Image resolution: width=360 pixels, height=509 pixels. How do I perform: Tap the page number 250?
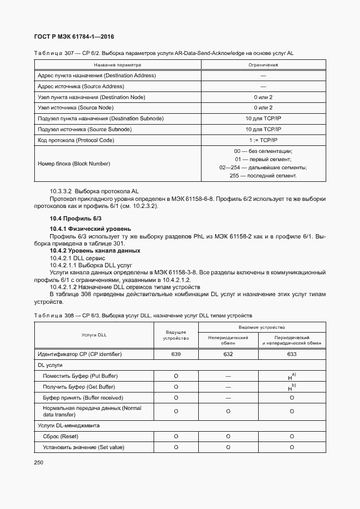[39, 462]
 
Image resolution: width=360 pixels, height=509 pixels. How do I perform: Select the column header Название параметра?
[117, 65]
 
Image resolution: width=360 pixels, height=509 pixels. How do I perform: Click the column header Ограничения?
[263, 65]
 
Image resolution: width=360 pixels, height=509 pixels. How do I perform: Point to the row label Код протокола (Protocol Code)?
[76, 140]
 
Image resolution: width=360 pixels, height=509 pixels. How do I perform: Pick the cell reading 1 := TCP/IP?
[263, 140]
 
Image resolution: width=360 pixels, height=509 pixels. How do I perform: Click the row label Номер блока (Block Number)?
[74, 163]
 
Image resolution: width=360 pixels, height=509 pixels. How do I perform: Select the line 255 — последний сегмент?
[263, 176]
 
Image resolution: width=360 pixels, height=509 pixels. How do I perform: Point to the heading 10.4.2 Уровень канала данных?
[95, 250]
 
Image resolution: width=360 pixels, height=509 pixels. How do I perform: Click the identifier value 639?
[176, 354]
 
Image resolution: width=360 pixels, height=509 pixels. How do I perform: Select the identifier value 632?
[228, 354]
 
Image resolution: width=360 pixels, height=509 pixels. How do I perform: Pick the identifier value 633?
[292, 354]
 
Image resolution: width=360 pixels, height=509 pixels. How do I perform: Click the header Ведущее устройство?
[176, 335]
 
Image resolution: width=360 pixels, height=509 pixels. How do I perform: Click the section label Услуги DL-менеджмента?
[69, 425]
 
